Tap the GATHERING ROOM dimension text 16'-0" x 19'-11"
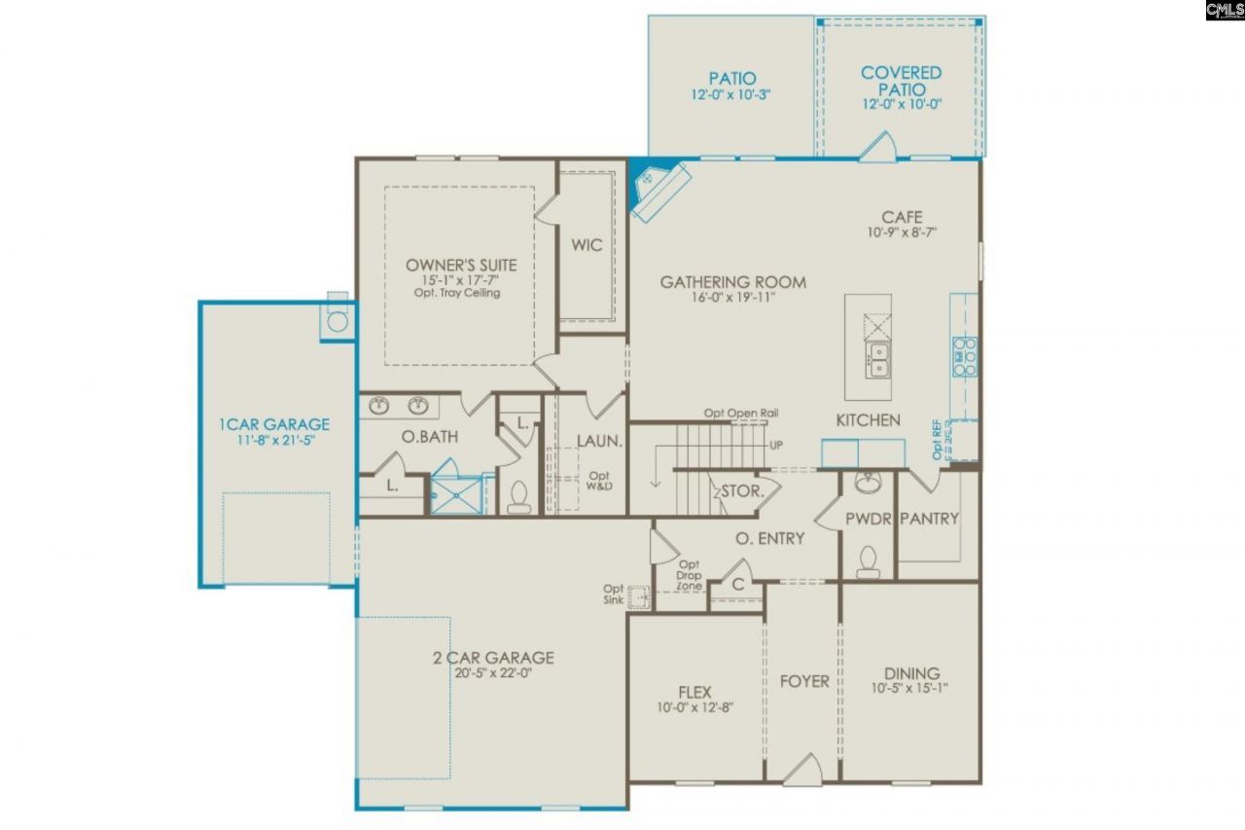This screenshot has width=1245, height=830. [x=732, y=298]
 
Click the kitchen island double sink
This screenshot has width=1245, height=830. [x=878, y=357]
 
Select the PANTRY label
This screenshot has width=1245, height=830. [x=929, y=519]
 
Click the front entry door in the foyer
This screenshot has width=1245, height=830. [x=802, y=769]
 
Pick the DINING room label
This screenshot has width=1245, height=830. [x=911, y=673]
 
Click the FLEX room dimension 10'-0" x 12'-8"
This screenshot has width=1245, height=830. [x=695, y=707]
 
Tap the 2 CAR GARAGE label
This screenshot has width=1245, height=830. [x=494, y=658]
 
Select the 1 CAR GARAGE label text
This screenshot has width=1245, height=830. [x=273, y=424]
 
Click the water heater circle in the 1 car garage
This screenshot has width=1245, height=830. [x=337, y=321]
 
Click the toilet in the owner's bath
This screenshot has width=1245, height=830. [x=518, y=497]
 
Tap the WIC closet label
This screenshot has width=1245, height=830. [x=587, y=245]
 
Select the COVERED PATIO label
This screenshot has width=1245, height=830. [x=901, y=81]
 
